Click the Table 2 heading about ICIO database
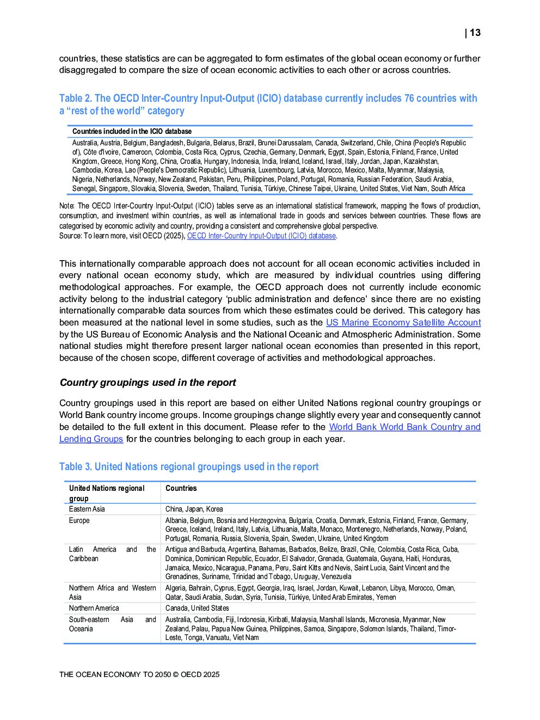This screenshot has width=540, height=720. point(268,104)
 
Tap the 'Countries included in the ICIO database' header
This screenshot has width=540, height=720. point(132,131)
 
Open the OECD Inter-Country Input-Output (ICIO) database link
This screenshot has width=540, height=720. point(261,236)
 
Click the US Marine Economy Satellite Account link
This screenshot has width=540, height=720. point(403,322)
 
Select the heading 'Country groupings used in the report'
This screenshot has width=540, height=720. point(148,383)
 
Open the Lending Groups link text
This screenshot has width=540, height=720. point(91,439)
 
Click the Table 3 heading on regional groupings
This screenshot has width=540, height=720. point(188,466)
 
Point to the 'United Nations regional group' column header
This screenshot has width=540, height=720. point(107,493)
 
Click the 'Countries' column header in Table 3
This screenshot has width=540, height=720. point(181,488)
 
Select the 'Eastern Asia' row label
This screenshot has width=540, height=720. point(87,509)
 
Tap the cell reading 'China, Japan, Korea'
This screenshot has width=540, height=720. point(194,509)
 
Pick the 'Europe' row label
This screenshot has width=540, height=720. point(79,520)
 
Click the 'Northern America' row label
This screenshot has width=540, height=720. point(94,608)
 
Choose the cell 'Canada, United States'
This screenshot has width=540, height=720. point(197,608)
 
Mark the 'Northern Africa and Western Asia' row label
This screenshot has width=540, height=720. point(112,592)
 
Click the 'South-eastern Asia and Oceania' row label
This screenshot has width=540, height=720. point(112,624)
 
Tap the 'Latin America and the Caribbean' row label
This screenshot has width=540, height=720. point(112,553)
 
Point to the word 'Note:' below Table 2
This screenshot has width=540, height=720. point(67,206)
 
